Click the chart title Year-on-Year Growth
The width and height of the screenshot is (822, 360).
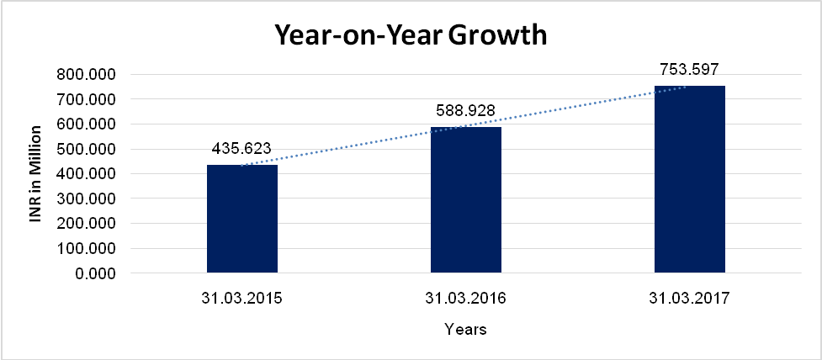click(411, 35)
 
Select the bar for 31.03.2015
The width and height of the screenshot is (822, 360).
click(242, 219)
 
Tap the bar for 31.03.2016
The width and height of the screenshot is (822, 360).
click(466, 200)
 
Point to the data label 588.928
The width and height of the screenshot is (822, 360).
click(465, 109)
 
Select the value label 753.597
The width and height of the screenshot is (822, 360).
click(689, 69)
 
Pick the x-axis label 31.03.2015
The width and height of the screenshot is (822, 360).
click(242, 299)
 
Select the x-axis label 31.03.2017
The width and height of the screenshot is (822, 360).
click(690, 299)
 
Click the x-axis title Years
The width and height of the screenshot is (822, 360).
click(465, 330)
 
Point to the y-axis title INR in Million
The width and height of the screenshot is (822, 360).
click(35, 173)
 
